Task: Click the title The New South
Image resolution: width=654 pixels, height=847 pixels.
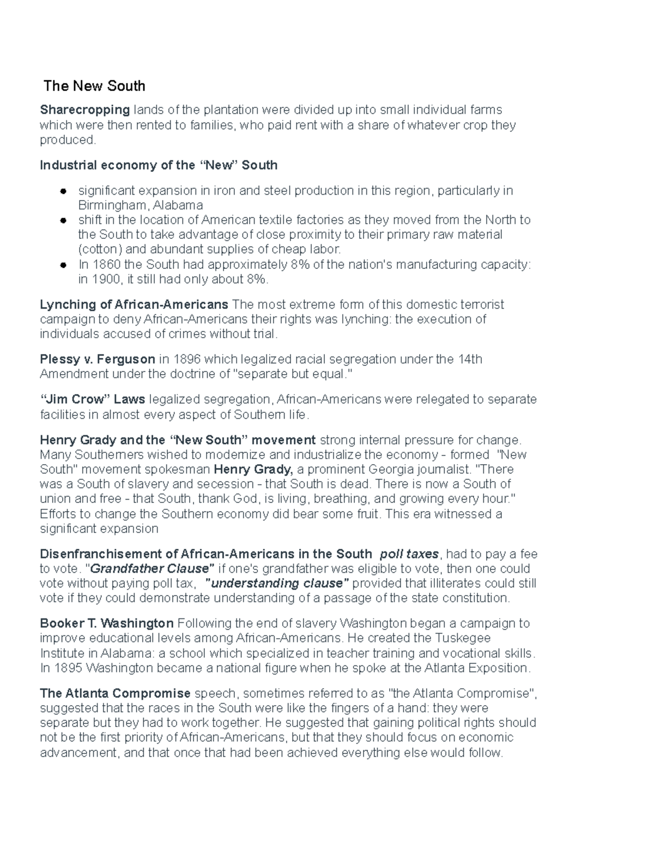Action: tap(94, 86)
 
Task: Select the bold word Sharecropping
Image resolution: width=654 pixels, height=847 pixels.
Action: tap(85, 110)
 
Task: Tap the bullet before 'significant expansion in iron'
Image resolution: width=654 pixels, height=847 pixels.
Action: tap(64, 191)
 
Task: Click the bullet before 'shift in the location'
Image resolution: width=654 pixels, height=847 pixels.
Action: tap(64, 221)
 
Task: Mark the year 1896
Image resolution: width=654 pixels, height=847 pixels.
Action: tap(186, 359)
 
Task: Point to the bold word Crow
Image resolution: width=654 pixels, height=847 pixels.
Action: tap(91, 400)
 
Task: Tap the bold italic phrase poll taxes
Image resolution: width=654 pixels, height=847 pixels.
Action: tap(409, 554)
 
